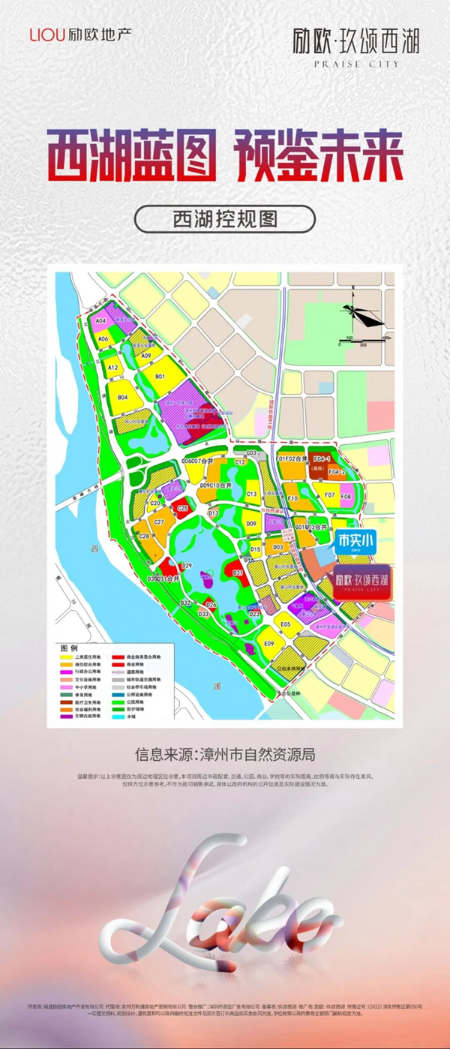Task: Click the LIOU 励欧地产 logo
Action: point(79,35)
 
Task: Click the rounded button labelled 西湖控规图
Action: point(224,218)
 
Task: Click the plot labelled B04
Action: point(122,398)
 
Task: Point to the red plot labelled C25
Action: point(182,508)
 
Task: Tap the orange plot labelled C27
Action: point(159,521)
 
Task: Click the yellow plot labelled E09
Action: point(269,643)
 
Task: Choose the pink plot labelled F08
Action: point(346,497)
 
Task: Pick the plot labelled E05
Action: point(285,624)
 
